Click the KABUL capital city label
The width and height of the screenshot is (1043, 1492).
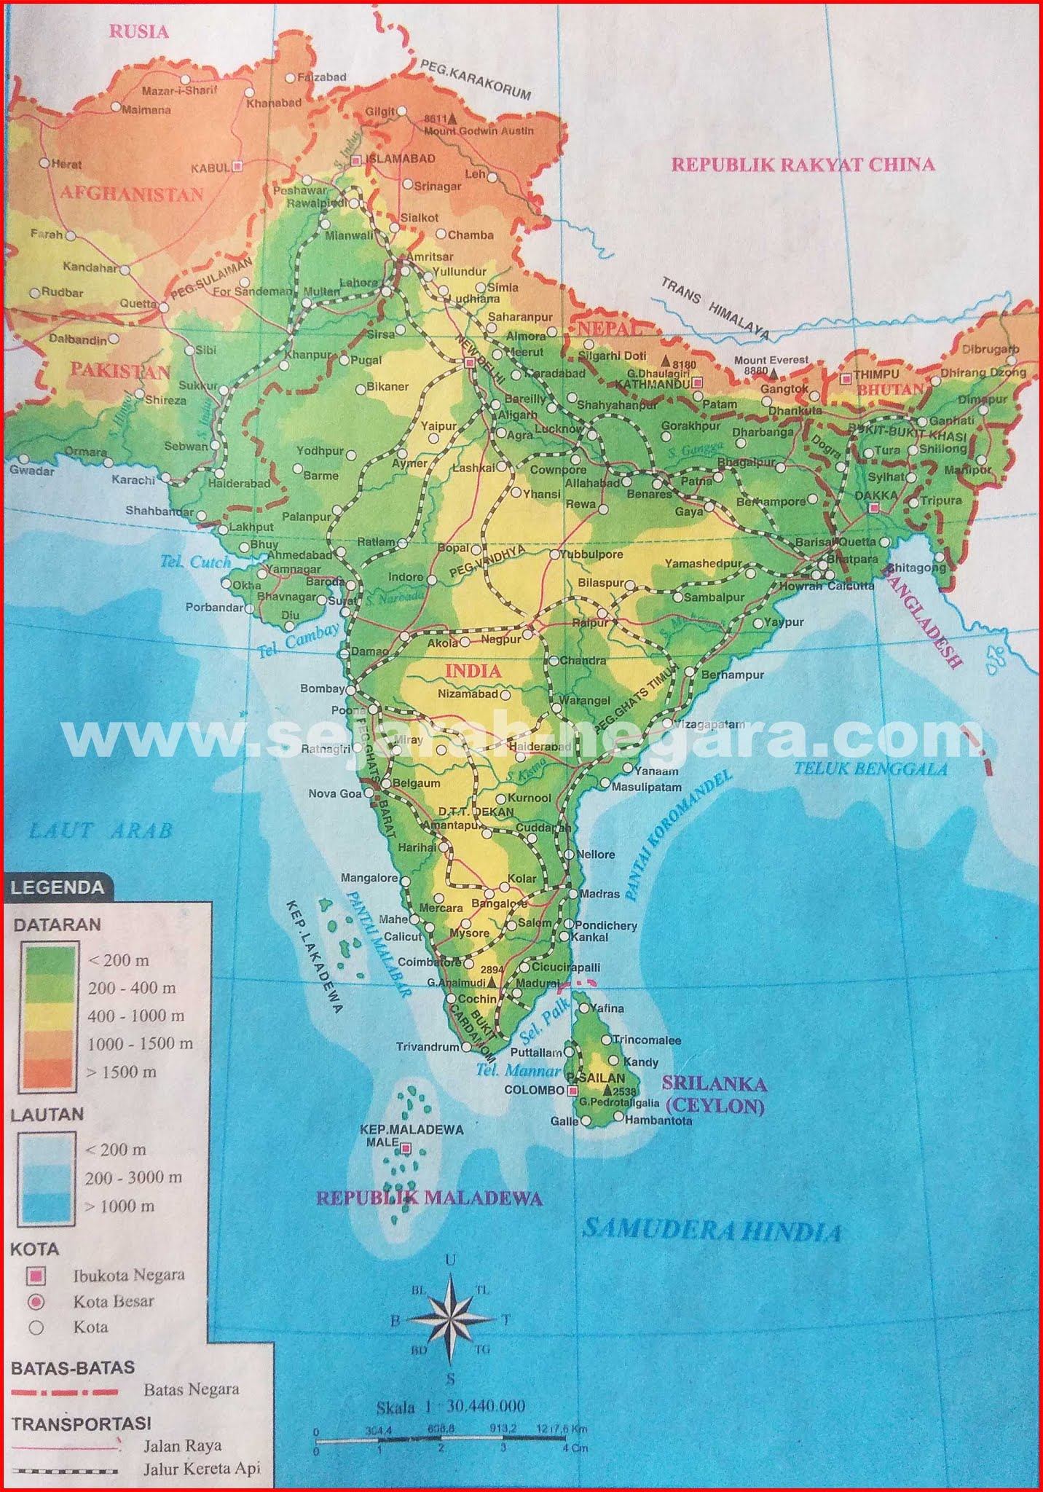[210, 168]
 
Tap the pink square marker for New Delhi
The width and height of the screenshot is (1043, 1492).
[470, 362]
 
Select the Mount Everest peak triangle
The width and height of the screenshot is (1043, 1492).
[774, 372]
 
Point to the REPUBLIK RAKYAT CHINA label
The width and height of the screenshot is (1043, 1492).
[802, 164]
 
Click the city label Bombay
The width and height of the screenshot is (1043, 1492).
[322, 689]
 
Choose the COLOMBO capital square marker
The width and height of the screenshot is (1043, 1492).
[573, 1090]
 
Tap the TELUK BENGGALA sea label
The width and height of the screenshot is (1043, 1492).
[870, 768]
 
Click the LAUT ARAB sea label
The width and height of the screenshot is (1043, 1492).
[101, 831]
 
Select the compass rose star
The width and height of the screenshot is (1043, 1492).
[449, 1319]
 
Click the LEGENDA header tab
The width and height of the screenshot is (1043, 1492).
[58, 887]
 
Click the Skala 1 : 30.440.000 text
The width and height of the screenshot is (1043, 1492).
[451, 1406]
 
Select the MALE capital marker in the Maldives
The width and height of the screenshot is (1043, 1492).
[406, 1149]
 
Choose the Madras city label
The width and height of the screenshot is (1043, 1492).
[599, 894]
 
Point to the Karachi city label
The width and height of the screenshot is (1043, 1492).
[133, 480]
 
